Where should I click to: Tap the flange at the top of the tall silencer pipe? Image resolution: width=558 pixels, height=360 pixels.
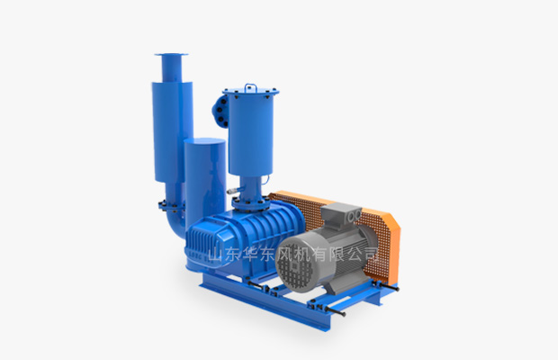[x=171, y=54]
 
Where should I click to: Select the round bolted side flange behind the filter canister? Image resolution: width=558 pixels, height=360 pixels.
[x=220, y=110]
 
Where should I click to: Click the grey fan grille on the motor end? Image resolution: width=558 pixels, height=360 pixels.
[x=294, y=264]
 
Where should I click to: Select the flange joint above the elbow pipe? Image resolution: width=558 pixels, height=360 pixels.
[x=172, y=205]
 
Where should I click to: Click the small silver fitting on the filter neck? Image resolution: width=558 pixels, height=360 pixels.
[x=233, y=191]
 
